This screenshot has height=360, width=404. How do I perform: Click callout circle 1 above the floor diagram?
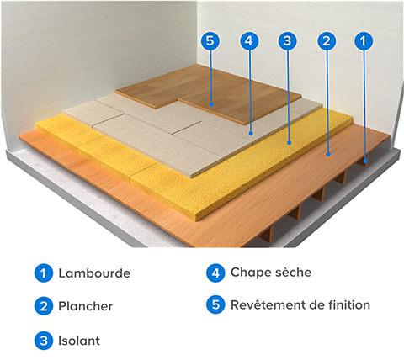point(364,40)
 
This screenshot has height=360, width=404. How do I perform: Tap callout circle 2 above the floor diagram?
point(327,40)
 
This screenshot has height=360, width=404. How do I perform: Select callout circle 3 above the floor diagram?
point(287,40)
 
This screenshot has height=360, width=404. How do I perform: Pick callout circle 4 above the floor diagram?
point(248,40)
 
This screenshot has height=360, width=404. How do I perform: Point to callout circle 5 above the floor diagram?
point(210,40)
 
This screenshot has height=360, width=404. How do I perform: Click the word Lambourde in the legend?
point(94,274)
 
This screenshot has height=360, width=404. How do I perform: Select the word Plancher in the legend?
point(85,307)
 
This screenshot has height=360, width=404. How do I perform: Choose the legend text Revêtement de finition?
point(300,304)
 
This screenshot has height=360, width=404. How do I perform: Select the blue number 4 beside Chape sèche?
point(215,273)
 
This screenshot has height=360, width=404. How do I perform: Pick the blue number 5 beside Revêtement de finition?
point(215,304)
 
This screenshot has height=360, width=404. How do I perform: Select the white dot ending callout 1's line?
point(364,159)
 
